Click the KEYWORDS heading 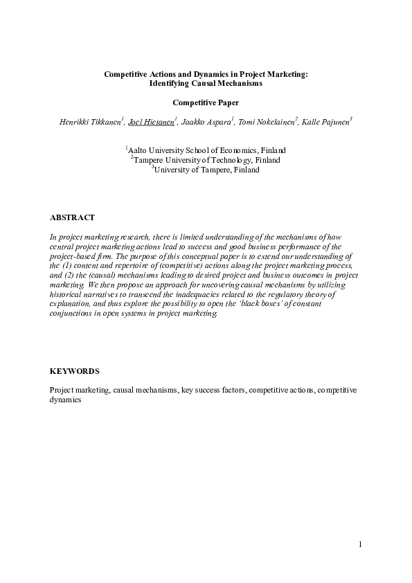75,371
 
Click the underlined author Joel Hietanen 151,122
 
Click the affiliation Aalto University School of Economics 207,150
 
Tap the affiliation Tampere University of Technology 206,159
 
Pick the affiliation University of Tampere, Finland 206,169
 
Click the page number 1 361,544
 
